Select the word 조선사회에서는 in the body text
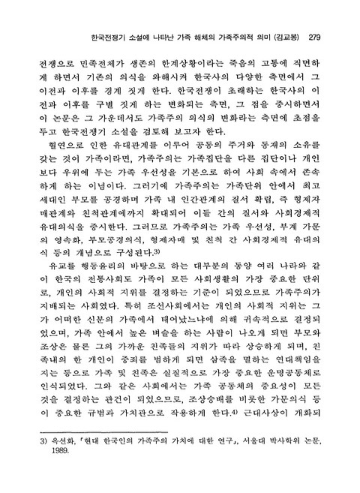point(148,335)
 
